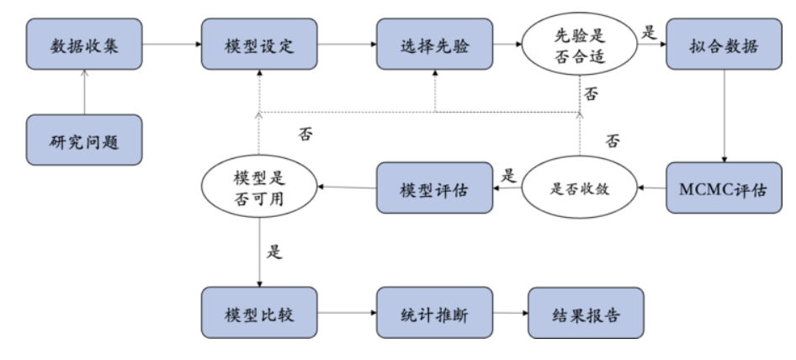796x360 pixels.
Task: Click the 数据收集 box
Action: pyautogui.click(x=85, y=45)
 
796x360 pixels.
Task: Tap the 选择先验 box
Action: pyautogui.click(x=434, y=45)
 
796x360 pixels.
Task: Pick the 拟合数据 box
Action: pyautogui.click(x=724, y=45)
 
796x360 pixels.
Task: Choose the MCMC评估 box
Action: pyautogui.click(x=724, y=188)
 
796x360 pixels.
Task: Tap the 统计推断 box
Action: pyautogui.click(x=434, y=314)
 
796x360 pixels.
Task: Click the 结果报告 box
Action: pyautogui.click(x=585, y=314)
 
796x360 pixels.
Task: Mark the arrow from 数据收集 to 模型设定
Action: pyautogui.click(x=172, y=45)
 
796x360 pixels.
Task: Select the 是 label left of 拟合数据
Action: pyautogui.click(x=648, y=34)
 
